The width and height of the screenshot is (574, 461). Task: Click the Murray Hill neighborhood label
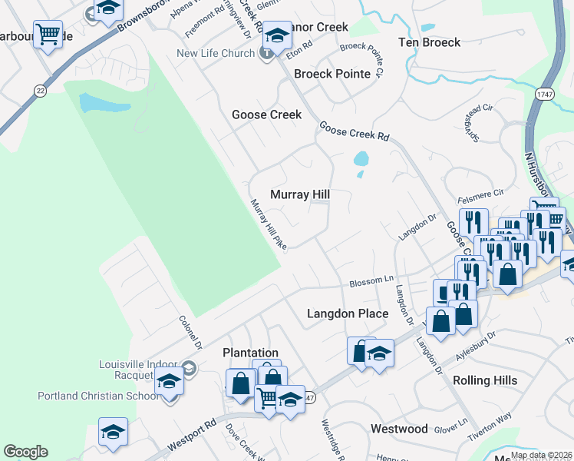(x=300, y=195)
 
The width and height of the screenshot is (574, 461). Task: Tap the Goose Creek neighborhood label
(x=267, y=114)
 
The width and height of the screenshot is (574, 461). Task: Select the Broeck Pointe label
(x=332, y=74)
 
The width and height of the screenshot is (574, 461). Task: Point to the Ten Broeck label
(x=430, y=42)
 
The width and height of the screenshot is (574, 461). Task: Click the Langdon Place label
(x=348, y=313)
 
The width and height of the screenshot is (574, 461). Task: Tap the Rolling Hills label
(x=485, y=380)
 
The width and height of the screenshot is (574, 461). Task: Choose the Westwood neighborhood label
(x=399, y=429)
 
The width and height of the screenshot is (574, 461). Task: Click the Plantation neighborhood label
(x=250, y=353)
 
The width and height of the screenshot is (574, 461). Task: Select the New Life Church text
(x=215, y=53)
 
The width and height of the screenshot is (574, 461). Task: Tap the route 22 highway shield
(x=40, y=91)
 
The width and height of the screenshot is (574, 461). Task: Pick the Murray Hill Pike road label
(x=269, y=224)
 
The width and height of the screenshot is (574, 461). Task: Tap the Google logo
(x=25, y=452)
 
